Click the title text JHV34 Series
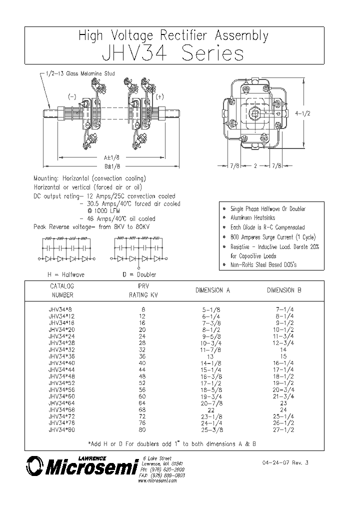(x=173, y=53)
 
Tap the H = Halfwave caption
(x=66, y=274)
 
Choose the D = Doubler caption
(x=139, y=274)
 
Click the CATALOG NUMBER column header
(x=62, y=290)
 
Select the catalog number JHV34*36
(x=62, y=356)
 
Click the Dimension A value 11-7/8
(x=210, y=350)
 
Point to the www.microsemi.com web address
(x=157, y=480)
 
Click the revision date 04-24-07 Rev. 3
(x=284, y=463)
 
